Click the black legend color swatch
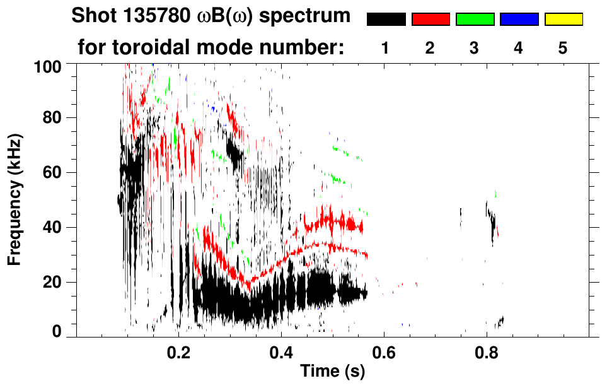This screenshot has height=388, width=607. (x=386, y=20)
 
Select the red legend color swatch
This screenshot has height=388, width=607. (x=431, y=20)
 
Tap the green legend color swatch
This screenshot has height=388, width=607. (x=475, y=20)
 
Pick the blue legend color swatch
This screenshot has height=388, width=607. (x=519, y=20)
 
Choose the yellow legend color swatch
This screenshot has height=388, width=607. (x=564, y=20)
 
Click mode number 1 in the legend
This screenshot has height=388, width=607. (x=385, y=49)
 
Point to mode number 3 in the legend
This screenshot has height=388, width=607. (x=474, y=49)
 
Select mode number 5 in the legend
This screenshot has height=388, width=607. (x=563, y=49)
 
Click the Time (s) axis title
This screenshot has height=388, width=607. (x=332, y=372)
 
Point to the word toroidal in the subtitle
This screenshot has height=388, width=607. (x=156, y=47)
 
